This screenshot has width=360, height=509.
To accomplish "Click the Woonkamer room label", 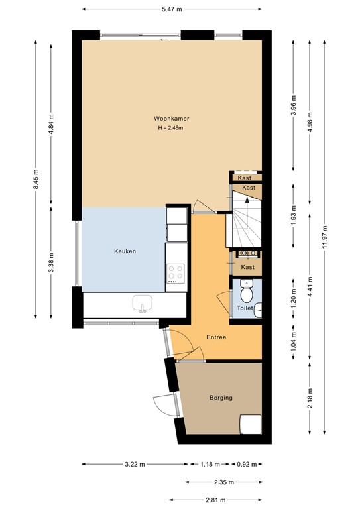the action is [x=172, y=119].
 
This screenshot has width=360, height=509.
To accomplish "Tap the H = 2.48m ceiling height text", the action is [x=170, y=127].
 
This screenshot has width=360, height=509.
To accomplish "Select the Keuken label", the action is [x=125, y=251].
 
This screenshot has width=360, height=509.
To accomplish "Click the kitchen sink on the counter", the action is [x=143, y=304].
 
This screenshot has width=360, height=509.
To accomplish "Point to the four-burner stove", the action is [x=176, y=272].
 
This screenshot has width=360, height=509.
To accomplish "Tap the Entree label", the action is [x=216, y=337].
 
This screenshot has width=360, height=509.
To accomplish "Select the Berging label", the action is [x=221, y=398].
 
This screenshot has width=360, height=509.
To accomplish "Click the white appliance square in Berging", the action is [x=251, y=424].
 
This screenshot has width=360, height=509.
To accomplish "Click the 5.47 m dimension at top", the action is [x=172, y=9].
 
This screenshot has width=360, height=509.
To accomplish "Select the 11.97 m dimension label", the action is [x=325, y=237].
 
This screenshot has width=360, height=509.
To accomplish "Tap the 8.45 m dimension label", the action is [x=36, y=179].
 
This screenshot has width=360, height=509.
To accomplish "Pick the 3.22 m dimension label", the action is [x=135, y=464].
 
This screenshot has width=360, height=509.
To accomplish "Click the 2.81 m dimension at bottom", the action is [x=215, y=500].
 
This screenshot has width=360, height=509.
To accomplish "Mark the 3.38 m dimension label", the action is [x=51, y=263].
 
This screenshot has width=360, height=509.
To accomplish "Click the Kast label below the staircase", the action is [x=248, y=267].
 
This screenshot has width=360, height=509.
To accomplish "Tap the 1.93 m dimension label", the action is [x=294, y=215].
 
